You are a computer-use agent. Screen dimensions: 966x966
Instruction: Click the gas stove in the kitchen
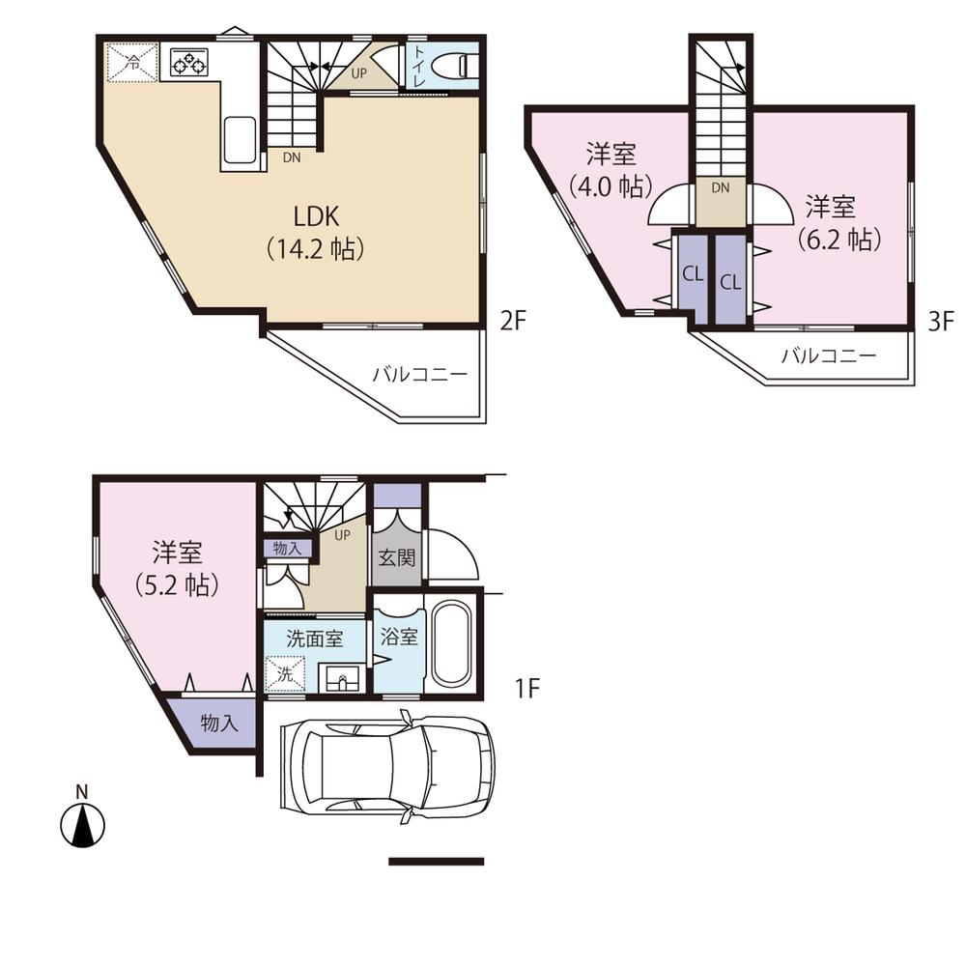click(189, 64)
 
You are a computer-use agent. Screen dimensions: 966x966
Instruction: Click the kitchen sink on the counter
click(241, 141)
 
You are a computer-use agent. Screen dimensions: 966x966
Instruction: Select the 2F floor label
click(511, 321)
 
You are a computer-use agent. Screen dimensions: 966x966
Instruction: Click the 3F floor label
click(941, 321)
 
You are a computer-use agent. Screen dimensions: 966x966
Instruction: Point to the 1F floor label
click(526, 688)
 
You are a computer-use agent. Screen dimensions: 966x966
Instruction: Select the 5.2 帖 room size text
click(176, 584)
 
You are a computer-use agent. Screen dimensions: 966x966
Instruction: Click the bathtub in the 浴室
click(449, 644)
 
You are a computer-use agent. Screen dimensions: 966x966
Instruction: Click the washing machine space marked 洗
click(285, 672)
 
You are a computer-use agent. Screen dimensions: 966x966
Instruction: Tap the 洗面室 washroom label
click(314, 639)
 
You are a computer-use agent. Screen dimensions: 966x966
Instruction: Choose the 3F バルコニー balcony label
click(829, 355)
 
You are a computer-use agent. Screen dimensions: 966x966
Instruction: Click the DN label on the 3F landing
click(720, 188)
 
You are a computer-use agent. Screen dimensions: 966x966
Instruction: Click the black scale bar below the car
click(436, 861)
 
